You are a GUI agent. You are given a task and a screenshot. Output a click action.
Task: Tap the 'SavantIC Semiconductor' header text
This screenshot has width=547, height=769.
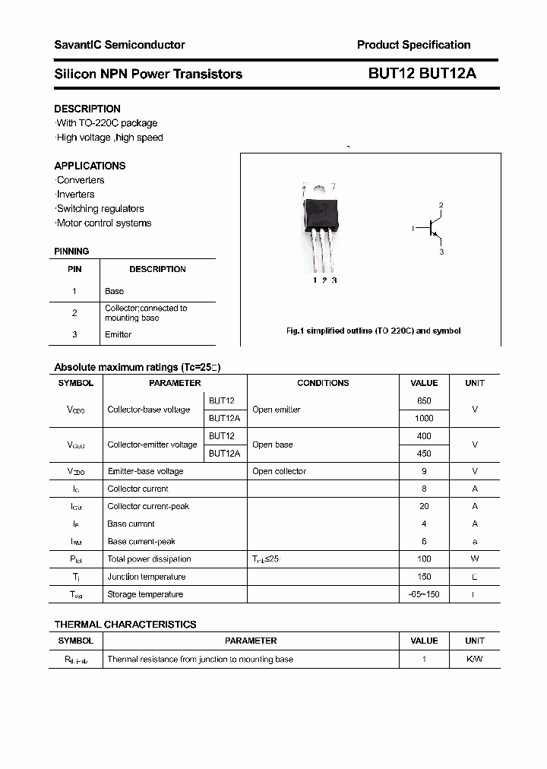[119, 45]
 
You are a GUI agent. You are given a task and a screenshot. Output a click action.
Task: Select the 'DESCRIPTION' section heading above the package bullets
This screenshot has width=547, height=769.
[87, 109]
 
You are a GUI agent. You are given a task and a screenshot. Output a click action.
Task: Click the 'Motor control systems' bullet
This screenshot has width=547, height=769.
[103, 223]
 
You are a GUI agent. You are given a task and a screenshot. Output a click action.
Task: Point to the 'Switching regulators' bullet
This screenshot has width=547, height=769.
[100, 208]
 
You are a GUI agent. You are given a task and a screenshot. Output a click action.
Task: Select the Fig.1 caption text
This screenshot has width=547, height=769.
[373, 331]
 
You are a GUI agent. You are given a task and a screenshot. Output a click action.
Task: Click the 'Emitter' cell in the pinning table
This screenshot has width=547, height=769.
[118, 334]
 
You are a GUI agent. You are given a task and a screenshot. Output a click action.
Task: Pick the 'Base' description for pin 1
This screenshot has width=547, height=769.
[114, 291]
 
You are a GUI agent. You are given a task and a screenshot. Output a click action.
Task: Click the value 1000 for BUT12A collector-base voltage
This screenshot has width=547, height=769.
[424, 418]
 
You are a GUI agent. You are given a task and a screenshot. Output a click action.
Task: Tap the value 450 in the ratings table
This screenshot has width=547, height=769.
[424, 453]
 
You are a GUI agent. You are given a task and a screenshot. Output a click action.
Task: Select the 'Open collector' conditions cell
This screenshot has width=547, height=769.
[279, 471]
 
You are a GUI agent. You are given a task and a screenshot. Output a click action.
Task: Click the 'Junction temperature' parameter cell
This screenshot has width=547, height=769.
[146, 577]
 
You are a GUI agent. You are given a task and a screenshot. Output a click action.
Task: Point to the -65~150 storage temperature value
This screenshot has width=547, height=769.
[424, 594]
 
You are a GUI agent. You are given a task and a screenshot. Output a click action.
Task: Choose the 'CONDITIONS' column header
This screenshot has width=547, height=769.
[323, 383]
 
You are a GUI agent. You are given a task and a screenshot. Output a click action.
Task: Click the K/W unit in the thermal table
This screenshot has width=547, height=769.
[474, 659]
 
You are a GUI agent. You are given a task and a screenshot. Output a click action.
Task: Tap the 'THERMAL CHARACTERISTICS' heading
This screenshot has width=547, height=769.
[125, 624]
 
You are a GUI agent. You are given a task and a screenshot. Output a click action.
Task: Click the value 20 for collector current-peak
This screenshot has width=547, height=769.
[424, 506]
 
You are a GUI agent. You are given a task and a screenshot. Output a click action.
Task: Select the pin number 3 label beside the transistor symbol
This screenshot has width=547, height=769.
[441, 252]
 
